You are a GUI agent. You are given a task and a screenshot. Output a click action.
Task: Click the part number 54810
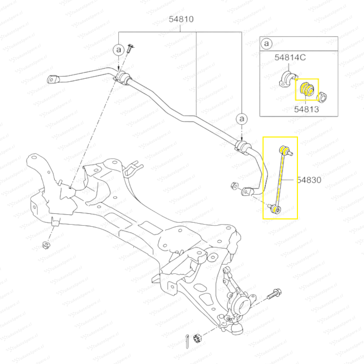pos(181,19)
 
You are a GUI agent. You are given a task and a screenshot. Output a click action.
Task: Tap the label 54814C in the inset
pos(290,57)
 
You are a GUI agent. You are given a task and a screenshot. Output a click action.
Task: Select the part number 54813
pos(306,109)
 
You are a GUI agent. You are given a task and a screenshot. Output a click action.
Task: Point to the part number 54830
pos(309,180)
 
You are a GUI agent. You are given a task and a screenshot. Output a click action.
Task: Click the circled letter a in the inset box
pos(267,43)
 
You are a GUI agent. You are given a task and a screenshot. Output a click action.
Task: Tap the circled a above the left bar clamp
pos(118,50)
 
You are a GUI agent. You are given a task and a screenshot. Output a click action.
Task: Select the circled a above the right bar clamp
pos(242,119)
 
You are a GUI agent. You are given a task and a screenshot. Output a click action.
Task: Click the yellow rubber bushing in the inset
pos(307,89)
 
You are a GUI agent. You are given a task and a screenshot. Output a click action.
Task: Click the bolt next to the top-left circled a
pos(130,49)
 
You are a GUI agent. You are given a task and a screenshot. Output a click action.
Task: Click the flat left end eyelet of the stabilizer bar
pos(53,79)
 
